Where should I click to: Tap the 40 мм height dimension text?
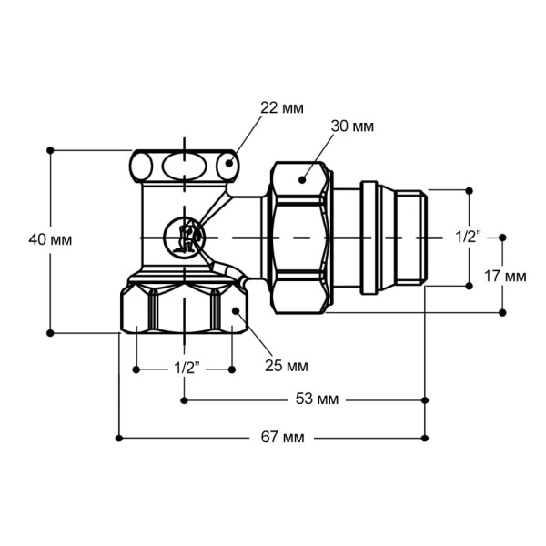pyautogui.click(x=50, y=239)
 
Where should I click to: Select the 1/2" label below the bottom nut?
pyautogui.click(x=186, y=369)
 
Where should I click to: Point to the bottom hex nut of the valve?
pyautogui.click(x=182, y=309)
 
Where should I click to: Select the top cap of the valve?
pyautogui.click(x=183, y=166)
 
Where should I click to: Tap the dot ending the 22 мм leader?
pyautogui.click(x=230, y=165)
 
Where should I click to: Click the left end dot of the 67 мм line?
pyautogui.click(x=119, y=438)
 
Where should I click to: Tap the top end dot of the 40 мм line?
pyautogui.click(x=50, y=149)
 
